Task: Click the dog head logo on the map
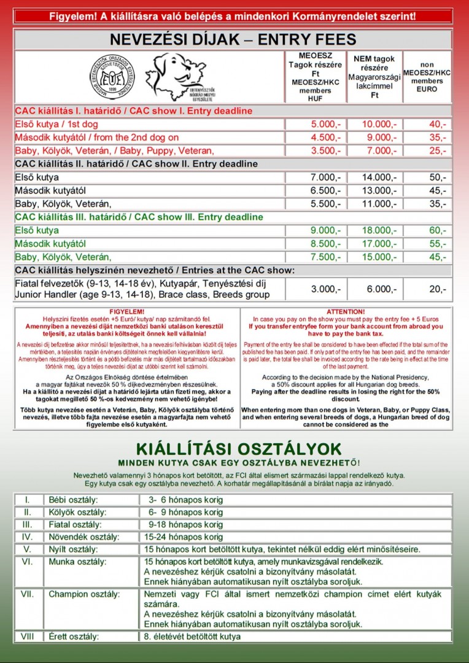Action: tap(176, 76)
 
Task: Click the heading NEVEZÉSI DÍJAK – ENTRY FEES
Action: tap(233, 40)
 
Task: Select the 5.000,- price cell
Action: tap(325, 124)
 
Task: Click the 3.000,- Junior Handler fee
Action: tap(325, 289)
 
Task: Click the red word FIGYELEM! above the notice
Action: tap(126, 312)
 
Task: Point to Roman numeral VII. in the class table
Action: tap(28, 594)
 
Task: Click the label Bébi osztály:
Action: tap(72, 499)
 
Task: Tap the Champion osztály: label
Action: tap(79, 594)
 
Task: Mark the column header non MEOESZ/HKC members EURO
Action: tap(427, 77)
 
